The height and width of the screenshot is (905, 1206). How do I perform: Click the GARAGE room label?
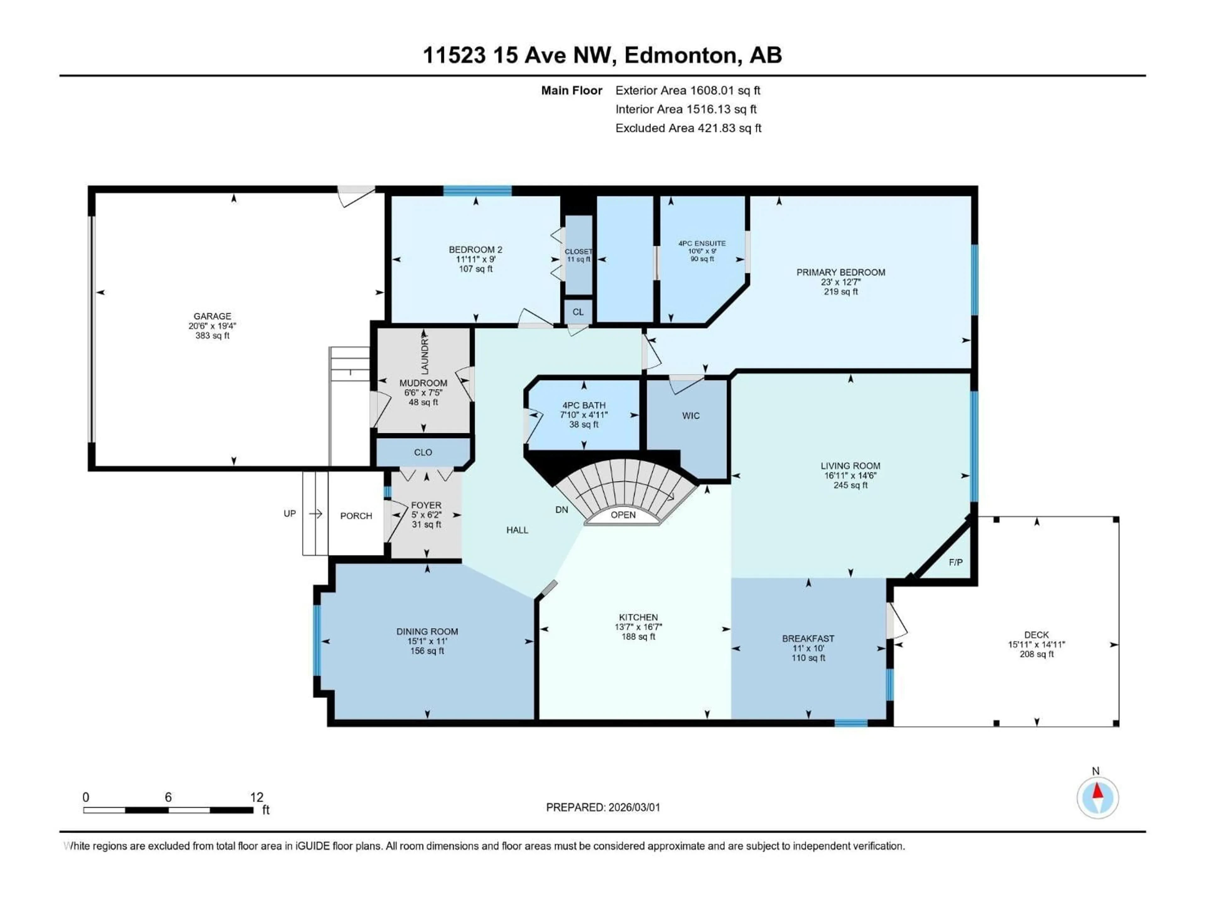212,316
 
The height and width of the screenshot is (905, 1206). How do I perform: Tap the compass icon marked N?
1098,798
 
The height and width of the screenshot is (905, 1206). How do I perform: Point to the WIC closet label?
691,416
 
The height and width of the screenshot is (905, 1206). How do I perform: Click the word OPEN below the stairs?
622,515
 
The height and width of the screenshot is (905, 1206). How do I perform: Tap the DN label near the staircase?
562,509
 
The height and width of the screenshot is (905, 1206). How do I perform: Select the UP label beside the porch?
290,513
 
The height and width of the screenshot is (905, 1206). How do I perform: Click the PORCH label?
356,516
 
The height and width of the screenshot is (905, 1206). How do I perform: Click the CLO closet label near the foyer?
423,452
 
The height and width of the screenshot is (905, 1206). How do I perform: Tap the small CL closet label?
578,312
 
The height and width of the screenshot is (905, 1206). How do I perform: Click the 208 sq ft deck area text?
1036,654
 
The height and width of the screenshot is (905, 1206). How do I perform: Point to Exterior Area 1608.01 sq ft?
687,90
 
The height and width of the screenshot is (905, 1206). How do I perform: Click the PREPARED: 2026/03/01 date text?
603,807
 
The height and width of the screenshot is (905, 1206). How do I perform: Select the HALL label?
517,530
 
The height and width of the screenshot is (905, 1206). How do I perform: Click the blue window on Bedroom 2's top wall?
477,190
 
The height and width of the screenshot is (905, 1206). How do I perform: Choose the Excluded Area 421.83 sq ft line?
688,128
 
